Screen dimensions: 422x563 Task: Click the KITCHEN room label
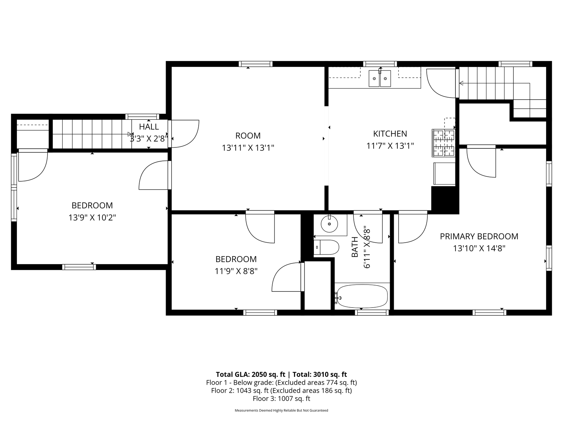click(390, 134)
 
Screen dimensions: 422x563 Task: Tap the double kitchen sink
click(380, 78)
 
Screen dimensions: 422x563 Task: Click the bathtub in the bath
click(362, 296)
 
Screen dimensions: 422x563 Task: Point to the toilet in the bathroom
click(326, 247)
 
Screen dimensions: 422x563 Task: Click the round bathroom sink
click(329, 224)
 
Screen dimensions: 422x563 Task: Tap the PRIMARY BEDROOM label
click(479, 236)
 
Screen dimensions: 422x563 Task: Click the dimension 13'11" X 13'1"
click(248, 148)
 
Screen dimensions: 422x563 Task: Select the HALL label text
click(149, 127)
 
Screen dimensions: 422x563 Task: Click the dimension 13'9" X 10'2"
click(92, 218)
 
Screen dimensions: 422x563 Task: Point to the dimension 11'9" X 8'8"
click(236, 271)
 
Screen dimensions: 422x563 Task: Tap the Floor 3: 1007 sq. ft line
click(281, 399)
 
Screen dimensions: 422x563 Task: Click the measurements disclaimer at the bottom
click(281, 411)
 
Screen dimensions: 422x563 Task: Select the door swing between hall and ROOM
click(185, 134)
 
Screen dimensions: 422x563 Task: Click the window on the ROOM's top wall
click(255, 64)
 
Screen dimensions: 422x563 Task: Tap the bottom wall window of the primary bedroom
click(489, 313)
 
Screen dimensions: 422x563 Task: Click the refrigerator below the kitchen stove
click(444, 173)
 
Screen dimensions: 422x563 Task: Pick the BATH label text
click(355, 247)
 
